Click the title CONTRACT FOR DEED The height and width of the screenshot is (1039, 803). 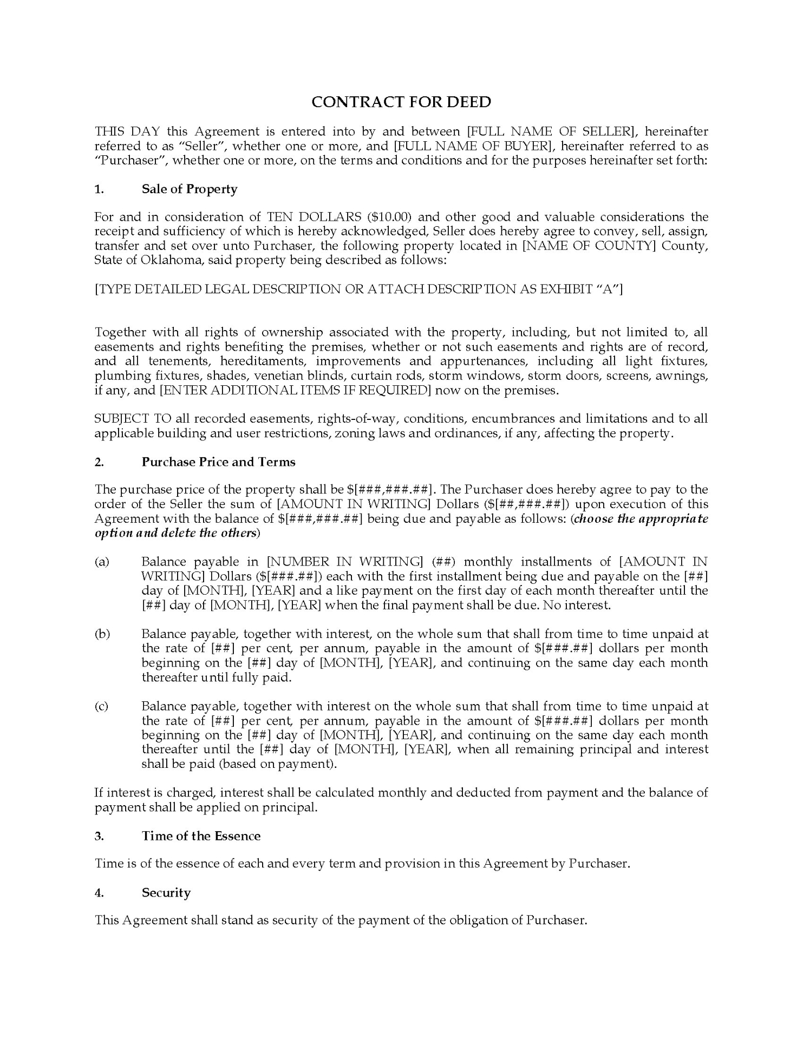(401, 102)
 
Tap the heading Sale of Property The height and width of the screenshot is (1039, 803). (190, 189)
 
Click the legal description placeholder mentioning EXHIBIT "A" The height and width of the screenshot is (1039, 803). (358, 289)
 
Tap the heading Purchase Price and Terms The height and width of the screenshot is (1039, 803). (218, 462)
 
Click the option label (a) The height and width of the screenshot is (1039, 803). (102, 562)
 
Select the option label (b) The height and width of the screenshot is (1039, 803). (102, 634)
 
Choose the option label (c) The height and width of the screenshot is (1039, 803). (102, 706)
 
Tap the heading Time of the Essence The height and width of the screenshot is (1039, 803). (201, 836)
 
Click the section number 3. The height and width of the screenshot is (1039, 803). (99, 836)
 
